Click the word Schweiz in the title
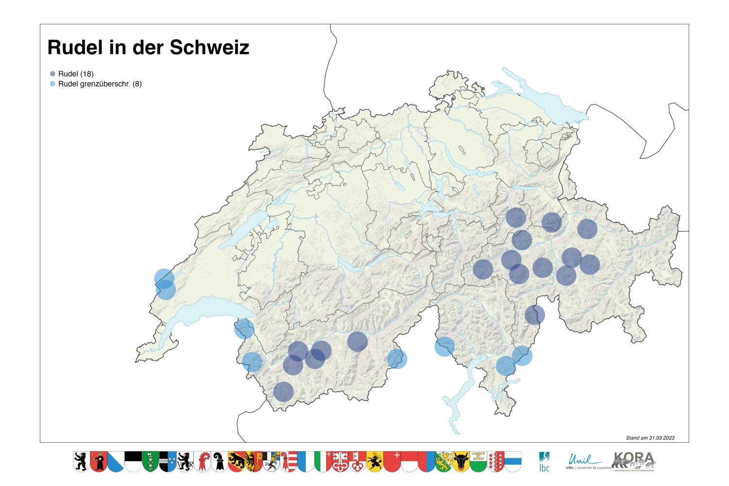click(209, 48)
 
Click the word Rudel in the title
click(75, 48)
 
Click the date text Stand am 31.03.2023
click(650, 438)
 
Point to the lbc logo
click(544, 461)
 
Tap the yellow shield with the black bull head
click(461, 461)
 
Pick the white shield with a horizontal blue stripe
click(513, 461)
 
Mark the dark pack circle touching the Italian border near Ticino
click(535, 315)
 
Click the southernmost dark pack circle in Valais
click(284, 392)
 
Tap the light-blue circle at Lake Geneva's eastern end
click(244, 329)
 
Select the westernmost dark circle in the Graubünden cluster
click(483, 269)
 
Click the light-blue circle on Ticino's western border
click(444, 347)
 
